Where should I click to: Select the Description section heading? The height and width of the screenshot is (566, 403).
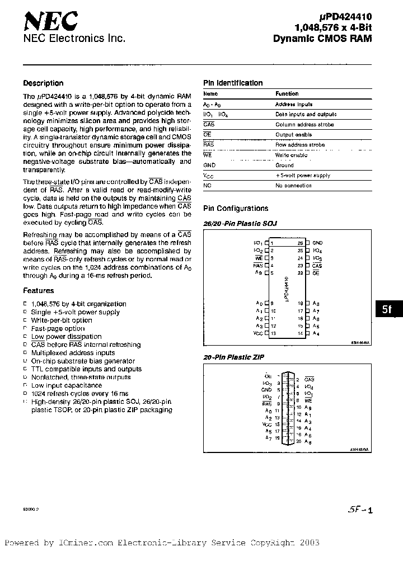(x=43, y=83)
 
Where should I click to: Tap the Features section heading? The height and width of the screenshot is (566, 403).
(x=39, y=291)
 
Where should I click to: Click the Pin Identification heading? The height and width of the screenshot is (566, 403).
(x=232, y=83)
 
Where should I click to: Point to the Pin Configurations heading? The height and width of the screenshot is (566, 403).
(x=235, y=209)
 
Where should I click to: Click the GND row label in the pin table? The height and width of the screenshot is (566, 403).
(x=209, y=166)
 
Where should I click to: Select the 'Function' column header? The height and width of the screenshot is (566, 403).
(x=287, y=94)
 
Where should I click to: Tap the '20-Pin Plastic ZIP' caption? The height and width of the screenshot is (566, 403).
(x=233, y=357)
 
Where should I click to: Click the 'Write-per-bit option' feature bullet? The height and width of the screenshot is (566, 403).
(x=62, y=320)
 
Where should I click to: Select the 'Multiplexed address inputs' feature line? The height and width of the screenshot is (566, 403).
(x=73, y=353)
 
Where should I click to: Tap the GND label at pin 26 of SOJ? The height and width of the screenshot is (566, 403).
(x=318, y=243)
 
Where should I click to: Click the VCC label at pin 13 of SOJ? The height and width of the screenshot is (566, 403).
(x=258, y=333)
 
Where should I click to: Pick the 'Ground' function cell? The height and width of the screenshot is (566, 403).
(x=284, y=166)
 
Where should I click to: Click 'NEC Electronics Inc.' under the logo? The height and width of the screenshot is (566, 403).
(x=73, y=38)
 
